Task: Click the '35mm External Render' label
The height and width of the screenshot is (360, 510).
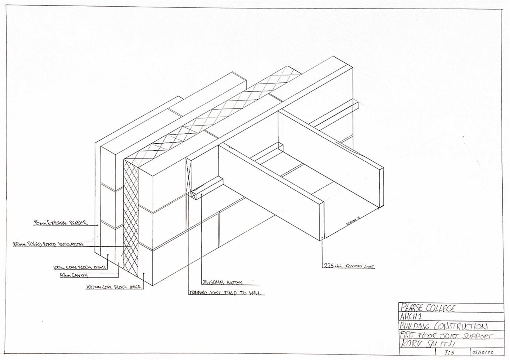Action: pyautogui.click(x=61, y=223)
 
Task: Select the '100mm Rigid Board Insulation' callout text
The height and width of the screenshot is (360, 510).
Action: pyautogui.click(x=48, y=244)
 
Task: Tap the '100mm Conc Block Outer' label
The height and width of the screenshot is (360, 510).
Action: pyautogui.click(x=79, y=267)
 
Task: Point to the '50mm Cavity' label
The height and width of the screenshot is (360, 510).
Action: pyautogui.click(x=74, y=275)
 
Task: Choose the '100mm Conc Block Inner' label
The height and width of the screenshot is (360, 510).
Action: pyautogui.click(x=113, y=287)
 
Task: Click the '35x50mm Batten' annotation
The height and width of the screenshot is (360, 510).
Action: pyautogui.click(x=222, y=283)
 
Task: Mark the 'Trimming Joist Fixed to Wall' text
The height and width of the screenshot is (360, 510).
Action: pyautogui.click(x=226, y=293)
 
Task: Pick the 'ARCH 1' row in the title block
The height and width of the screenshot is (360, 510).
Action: pyautogui.click(x=410, y=317)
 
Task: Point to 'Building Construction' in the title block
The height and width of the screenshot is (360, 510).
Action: pyautogui.click(x=443, y=326)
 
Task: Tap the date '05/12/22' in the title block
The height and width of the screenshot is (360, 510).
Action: pyautogui.click(x=483, y=352)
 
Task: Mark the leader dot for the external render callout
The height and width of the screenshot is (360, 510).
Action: pyautogui.click(x=98, y=224)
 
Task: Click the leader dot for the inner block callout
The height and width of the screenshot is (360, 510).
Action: pyautogui.click(x=144, y=274)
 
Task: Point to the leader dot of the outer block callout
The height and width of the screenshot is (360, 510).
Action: pyautogui.click(x=108, y=255)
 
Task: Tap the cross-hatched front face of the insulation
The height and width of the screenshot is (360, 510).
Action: pyautogui.click(x=131, y=218)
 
